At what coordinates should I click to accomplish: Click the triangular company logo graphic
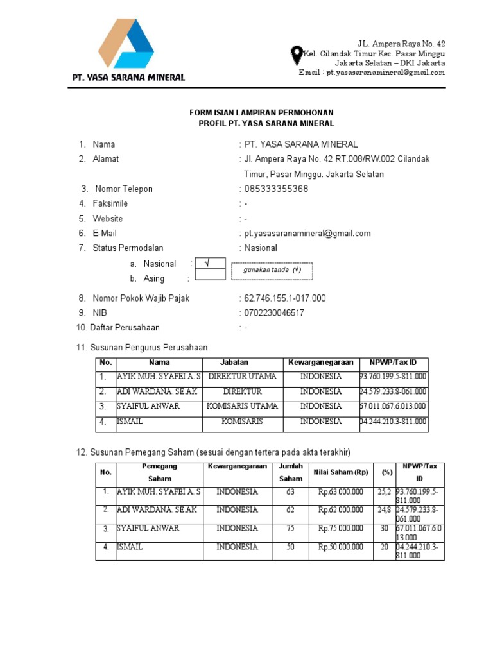pos(126,44)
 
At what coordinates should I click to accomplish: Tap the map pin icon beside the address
pos(297,55)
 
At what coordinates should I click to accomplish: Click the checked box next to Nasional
pos(210,263)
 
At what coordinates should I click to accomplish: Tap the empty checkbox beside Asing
pos(210,275)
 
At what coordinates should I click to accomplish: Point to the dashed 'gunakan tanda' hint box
pos(272,271)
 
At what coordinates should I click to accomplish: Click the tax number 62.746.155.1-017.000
pos(284,298)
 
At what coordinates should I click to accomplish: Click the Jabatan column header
pos(234,363)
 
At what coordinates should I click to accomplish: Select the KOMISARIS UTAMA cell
pos(242,406)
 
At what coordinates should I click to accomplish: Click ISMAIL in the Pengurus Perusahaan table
pos(130,422)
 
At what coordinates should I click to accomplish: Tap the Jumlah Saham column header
pos(290,473)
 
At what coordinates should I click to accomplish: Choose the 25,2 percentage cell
pos(384,492)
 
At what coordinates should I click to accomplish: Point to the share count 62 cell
pos(291,510)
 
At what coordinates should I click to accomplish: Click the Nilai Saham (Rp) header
pos(341,472)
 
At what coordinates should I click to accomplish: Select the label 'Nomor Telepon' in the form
pos(124,189)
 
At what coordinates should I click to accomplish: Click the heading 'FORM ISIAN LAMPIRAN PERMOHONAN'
pos(261,112)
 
